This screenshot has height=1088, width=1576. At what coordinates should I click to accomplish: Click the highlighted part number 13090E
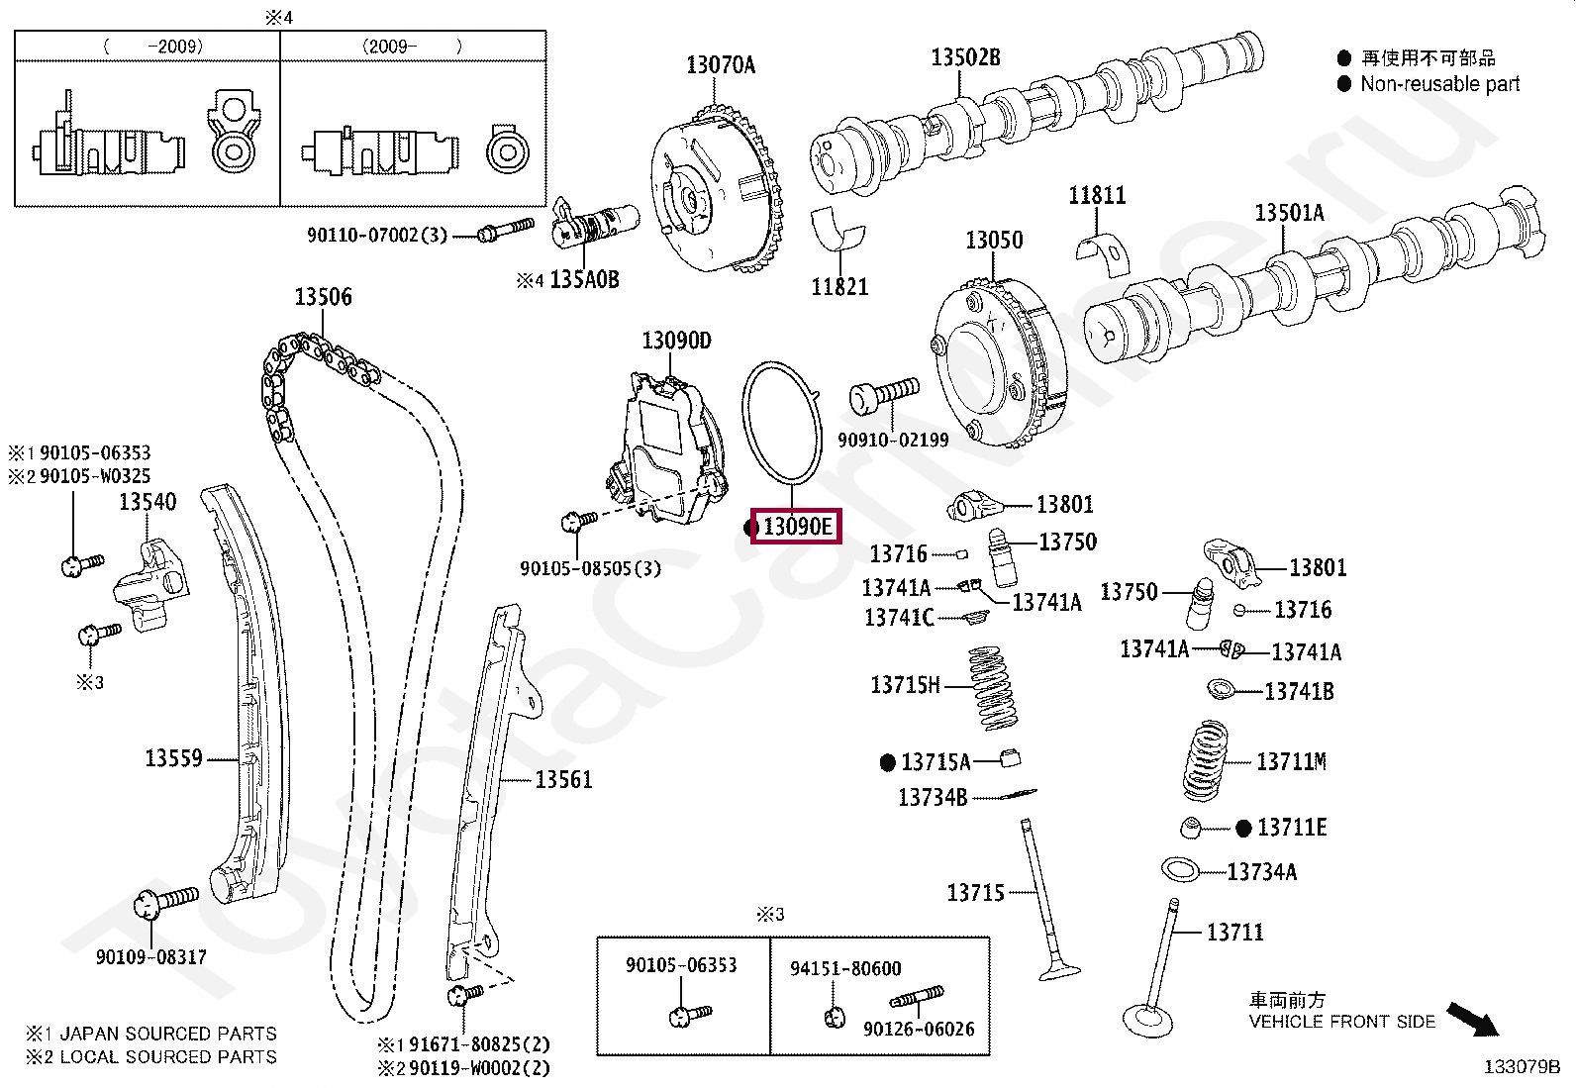point(797,527)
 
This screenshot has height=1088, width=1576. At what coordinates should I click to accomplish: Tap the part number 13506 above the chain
point(323,297)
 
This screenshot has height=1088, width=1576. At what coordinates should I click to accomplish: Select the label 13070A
point(720,65)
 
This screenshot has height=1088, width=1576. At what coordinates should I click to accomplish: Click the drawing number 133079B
point(1521,1066)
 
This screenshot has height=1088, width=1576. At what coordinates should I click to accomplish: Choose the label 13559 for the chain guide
point(173,759)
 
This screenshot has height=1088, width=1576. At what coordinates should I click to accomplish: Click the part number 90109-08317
point(150,957)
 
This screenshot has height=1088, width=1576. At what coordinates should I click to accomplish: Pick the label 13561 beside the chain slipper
point(563,780)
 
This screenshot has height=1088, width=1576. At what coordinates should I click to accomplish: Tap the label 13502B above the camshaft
point(965,57)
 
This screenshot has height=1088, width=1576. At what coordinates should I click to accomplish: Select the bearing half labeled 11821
point(838,232)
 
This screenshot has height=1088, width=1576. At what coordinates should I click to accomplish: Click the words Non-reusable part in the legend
point(1439,84)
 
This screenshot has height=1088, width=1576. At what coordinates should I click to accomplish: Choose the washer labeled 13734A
point(1179,870)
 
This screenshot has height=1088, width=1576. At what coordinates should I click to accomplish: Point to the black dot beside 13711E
point(1243,829)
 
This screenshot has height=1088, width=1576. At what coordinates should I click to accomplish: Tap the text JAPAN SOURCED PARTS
point(167,1034)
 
